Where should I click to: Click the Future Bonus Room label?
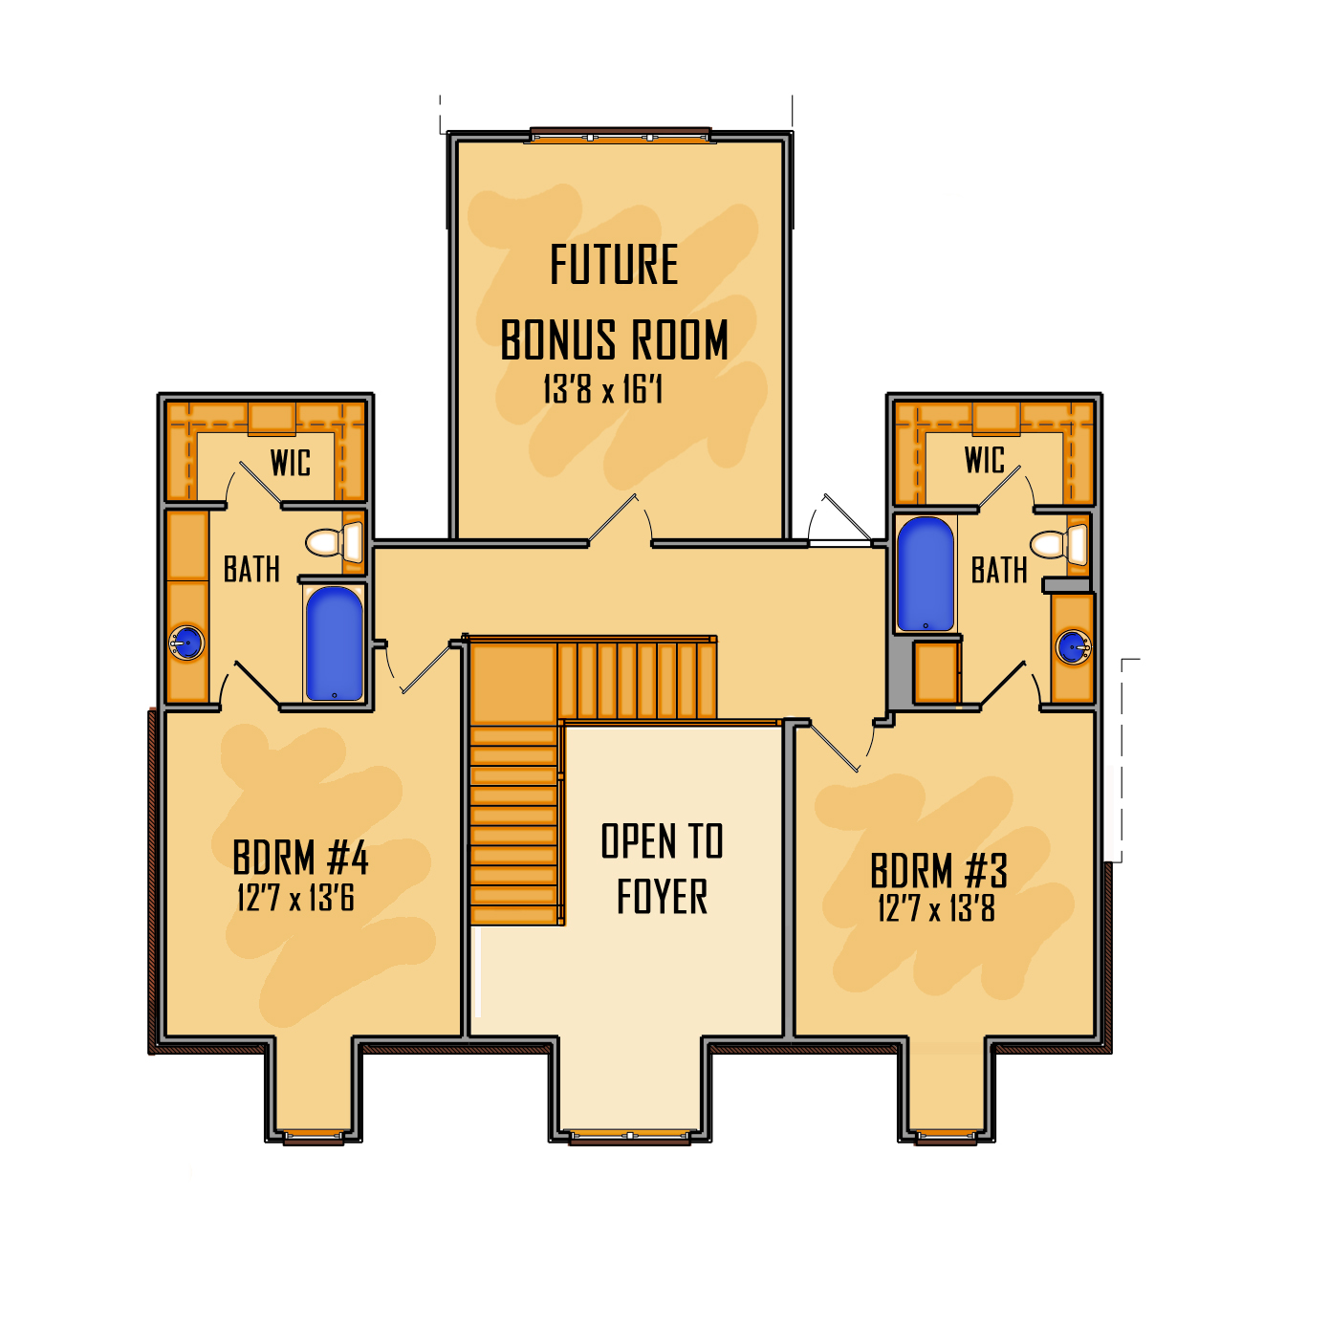[x=614, y=302]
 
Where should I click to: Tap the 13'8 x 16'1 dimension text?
[x=602, y=390]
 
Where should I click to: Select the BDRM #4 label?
[x=300, y=858]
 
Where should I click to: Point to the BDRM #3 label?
[x=939, y=871]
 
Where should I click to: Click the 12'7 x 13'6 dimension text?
[x=295, y=899]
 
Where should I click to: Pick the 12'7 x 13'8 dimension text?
[x=936, y=908]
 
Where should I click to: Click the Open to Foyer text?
[x=662, y=869]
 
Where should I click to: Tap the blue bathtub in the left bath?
[x=334, y=643]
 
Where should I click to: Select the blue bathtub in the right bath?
[x=926, y=574]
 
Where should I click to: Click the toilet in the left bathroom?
[x=335, y=542]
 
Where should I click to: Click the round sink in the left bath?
[x=186, y=642]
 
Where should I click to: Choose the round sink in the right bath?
[x=1073, y=647]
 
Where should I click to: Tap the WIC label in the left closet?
[x=291, y=464]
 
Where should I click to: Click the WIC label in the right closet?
[x=985, y=460]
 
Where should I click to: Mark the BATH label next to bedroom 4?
[x=251, y=570]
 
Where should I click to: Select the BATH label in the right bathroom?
[x=999, y=571]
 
